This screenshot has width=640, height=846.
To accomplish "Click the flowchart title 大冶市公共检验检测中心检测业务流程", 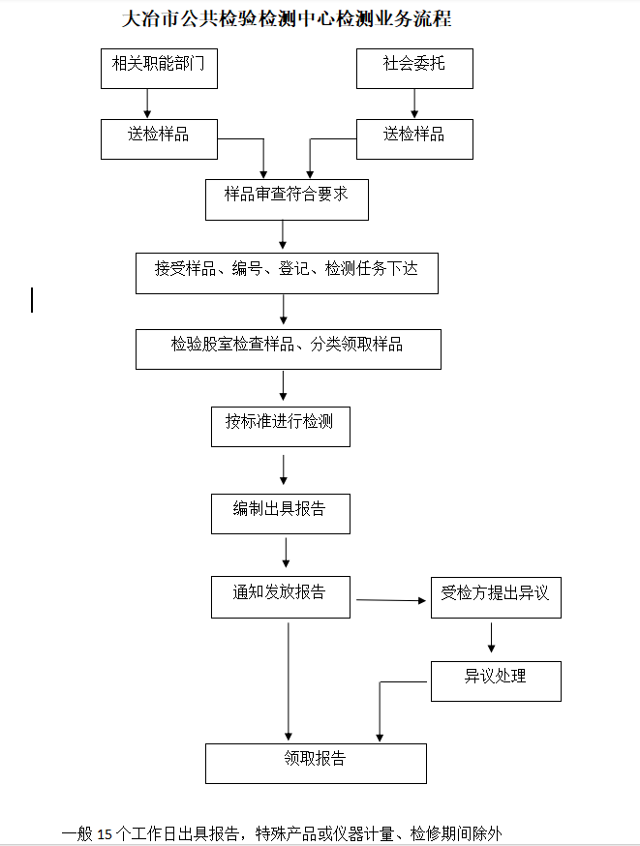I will (289, 18).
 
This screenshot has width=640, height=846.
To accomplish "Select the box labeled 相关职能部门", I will (159, 68).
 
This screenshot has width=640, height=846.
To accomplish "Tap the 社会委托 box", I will (414, 68).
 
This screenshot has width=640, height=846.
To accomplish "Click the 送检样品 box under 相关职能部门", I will (159, 137).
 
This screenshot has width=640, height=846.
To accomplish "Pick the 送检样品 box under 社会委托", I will (414, 137).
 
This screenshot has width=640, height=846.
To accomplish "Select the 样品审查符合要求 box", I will (287, 197).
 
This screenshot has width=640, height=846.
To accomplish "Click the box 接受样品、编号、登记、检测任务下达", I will (287, 272).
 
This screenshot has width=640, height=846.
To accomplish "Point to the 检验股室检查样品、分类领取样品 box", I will (288, 348).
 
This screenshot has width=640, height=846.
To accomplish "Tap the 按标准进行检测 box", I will (281, 426).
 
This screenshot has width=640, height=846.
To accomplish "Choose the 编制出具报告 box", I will (280, 513).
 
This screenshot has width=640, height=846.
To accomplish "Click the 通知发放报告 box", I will (280, 596).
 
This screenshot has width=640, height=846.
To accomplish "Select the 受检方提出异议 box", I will (496, 596).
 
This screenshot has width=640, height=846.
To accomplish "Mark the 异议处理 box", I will (496, 680).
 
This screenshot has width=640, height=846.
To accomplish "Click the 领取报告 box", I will (316, 763).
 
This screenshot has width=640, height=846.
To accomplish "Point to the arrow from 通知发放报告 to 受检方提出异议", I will (393, 601).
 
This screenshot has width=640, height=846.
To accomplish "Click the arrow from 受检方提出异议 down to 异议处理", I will (492, 636).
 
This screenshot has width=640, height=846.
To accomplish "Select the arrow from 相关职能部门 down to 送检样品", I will (147, 103).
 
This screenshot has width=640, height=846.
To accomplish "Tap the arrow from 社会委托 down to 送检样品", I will (414, 103).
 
